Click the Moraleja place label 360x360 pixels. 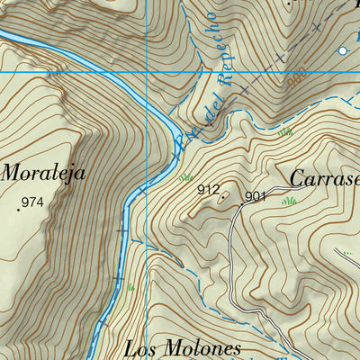(x=44, y=173)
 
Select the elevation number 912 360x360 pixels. (x=209, y=189)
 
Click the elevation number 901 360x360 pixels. (x=256, y=195)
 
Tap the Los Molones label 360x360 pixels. (x=184, y=348)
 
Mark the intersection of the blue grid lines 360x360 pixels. (x=146, y=72)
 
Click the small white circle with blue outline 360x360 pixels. (x=342, y=51)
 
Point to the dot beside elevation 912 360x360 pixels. (x=224, y=193)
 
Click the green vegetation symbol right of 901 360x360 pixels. (x=289, y=200)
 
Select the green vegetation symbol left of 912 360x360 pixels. (x=186, y=177)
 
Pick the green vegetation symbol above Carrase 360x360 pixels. (x=286, y=132)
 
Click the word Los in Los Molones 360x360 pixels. (x=142, y=348)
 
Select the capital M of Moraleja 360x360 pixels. (x=13, y=173)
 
